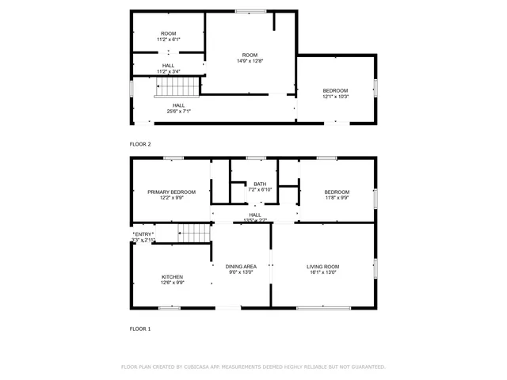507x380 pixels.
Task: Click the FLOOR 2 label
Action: (140, 144)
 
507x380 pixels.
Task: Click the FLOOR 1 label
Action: (140, 328)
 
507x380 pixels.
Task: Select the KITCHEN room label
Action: (172, 276)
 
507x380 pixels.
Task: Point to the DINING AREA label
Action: (241, 267)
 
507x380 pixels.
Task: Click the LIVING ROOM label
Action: (323, 267)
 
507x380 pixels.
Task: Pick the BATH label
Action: (260, 184)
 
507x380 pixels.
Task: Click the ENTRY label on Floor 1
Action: (143, 234)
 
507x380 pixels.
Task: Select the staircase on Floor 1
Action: (193, 232)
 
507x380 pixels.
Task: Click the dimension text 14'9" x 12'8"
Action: (250, 60)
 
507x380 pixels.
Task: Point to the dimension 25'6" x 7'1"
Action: (178, 111)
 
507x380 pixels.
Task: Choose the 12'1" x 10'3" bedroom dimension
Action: (335, 97)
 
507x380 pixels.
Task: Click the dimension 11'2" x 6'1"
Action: (168, 39)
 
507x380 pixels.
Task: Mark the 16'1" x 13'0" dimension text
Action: (323, 272)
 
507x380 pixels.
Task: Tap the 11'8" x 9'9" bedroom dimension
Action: (337, 198)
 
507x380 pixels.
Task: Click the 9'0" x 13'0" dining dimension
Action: (241, 272)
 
